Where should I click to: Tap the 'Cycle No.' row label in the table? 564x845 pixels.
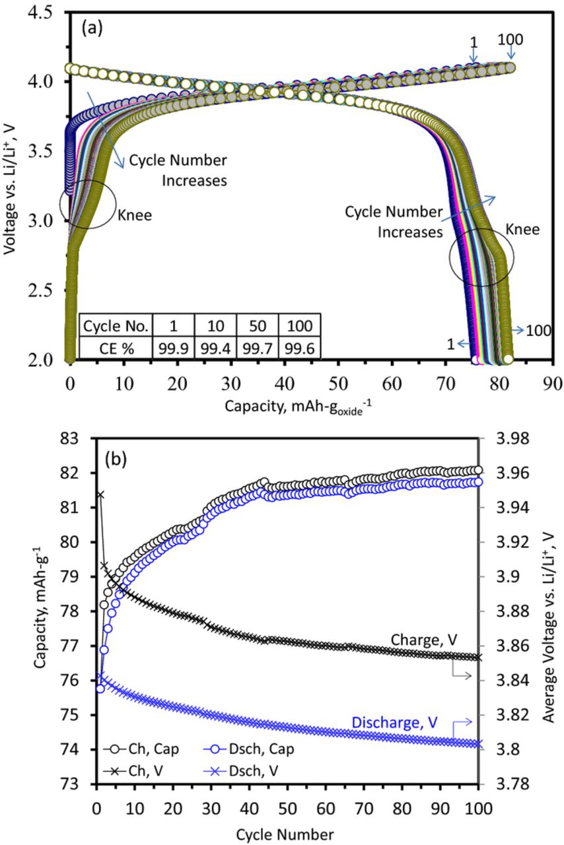click(115, 325)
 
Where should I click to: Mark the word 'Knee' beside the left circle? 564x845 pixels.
click(135, 215)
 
